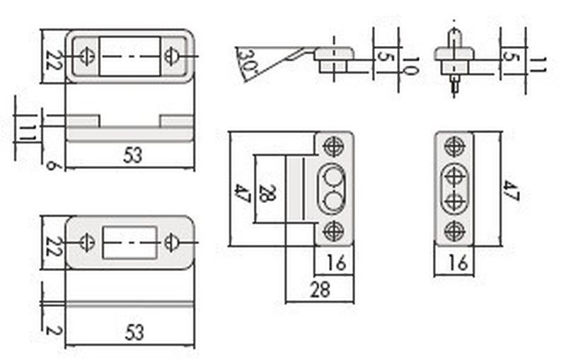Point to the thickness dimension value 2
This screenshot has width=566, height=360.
pos(51,329)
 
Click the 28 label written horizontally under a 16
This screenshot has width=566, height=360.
pos(320,289)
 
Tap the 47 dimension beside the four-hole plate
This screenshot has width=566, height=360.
pos(512,190)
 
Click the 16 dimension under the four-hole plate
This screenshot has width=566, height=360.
pos(458,263)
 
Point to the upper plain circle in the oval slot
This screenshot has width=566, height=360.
pos(331,175)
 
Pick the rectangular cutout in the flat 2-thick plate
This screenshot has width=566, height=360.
pos(129,242)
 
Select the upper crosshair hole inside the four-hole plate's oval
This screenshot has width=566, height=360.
pos(454,175)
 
